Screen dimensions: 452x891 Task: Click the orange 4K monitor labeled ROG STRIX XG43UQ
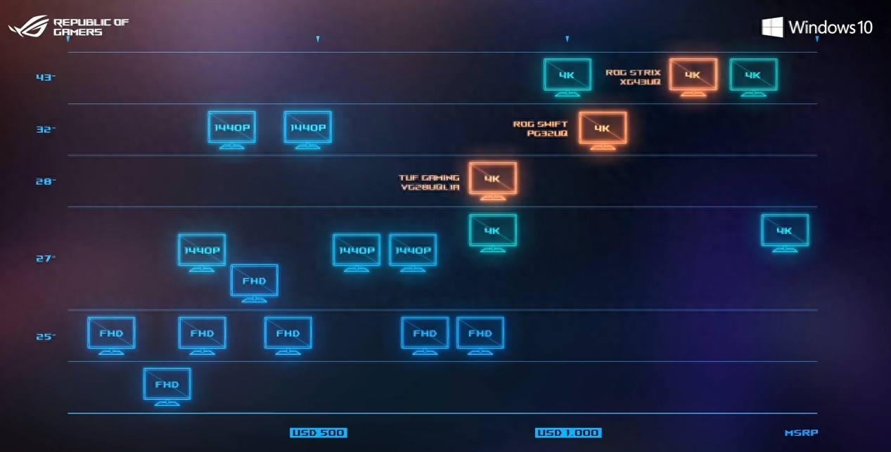click(693, 75)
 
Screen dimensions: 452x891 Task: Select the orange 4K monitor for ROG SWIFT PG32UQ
click(603, 129)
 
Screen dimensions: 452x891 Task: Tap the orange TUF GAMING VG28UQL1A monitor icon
click(493, 179)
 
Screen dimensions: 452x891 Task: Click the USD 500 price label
click(318, 433)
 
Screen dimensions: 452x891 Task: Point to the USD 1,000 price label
click(568, 433)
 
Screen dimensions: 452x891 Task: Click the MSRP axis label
click(801, 433)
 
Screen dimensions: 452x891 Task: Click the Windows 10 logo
click(817, 27)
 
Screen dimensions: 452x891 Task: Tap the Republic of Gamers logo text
click(91, 27)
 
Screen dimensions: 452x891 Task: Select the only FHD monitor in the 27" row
click(254, 281)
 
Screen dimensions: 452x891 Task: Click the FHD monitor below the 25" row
click(167, 385)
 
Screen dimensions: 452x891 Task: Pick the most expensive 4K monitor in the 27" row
click(785, 231)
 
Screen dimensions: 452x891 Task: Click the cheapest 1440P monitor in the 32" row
click(231, 128)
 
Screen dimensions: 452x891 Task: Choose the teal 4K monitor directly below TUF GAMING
click(493, 231)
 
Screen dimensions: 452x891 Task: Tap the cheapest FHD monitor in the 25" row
click(111, 334)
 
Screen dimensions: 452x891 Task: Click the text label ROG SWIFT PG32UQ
click(540, 129)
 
